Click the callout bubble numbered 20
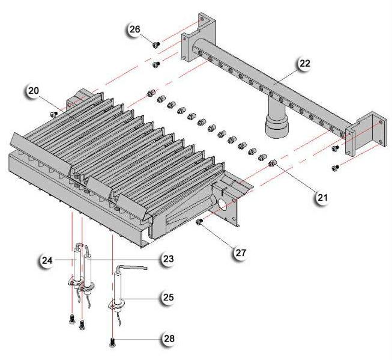click(x=33, y=91)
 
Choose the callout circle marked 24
click(x=46, y=260)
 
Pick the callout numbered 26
click(x=134, y=29)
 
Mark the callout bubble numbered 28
click(x=169, y=340)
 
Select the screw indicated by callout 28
click(x=113, y=343)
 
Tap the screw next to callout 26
click(x=155, y=44)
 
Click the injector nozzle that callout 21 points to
click(x=272, y=163)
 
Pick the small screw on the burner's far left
click(x=54, y=113)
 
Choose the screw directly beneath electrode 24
click(x=71, y=319)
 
